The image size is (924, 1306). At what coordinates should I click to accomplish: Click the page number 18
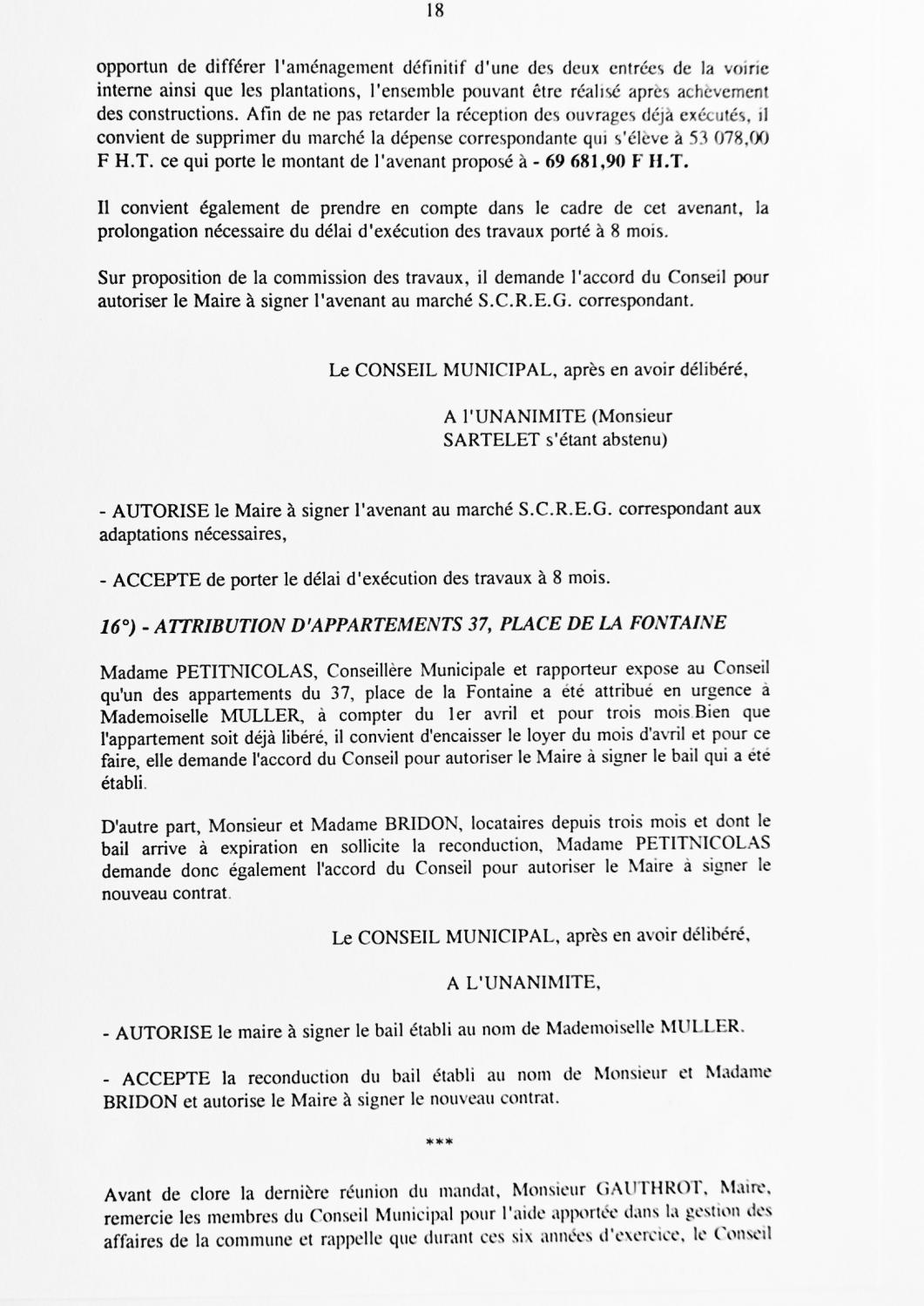[436, 11]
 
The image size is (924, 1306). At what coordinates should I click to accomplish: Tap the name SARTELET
[482, 440]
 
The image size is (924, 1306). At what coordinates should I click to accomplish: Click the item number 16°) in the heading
[119, 625]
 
